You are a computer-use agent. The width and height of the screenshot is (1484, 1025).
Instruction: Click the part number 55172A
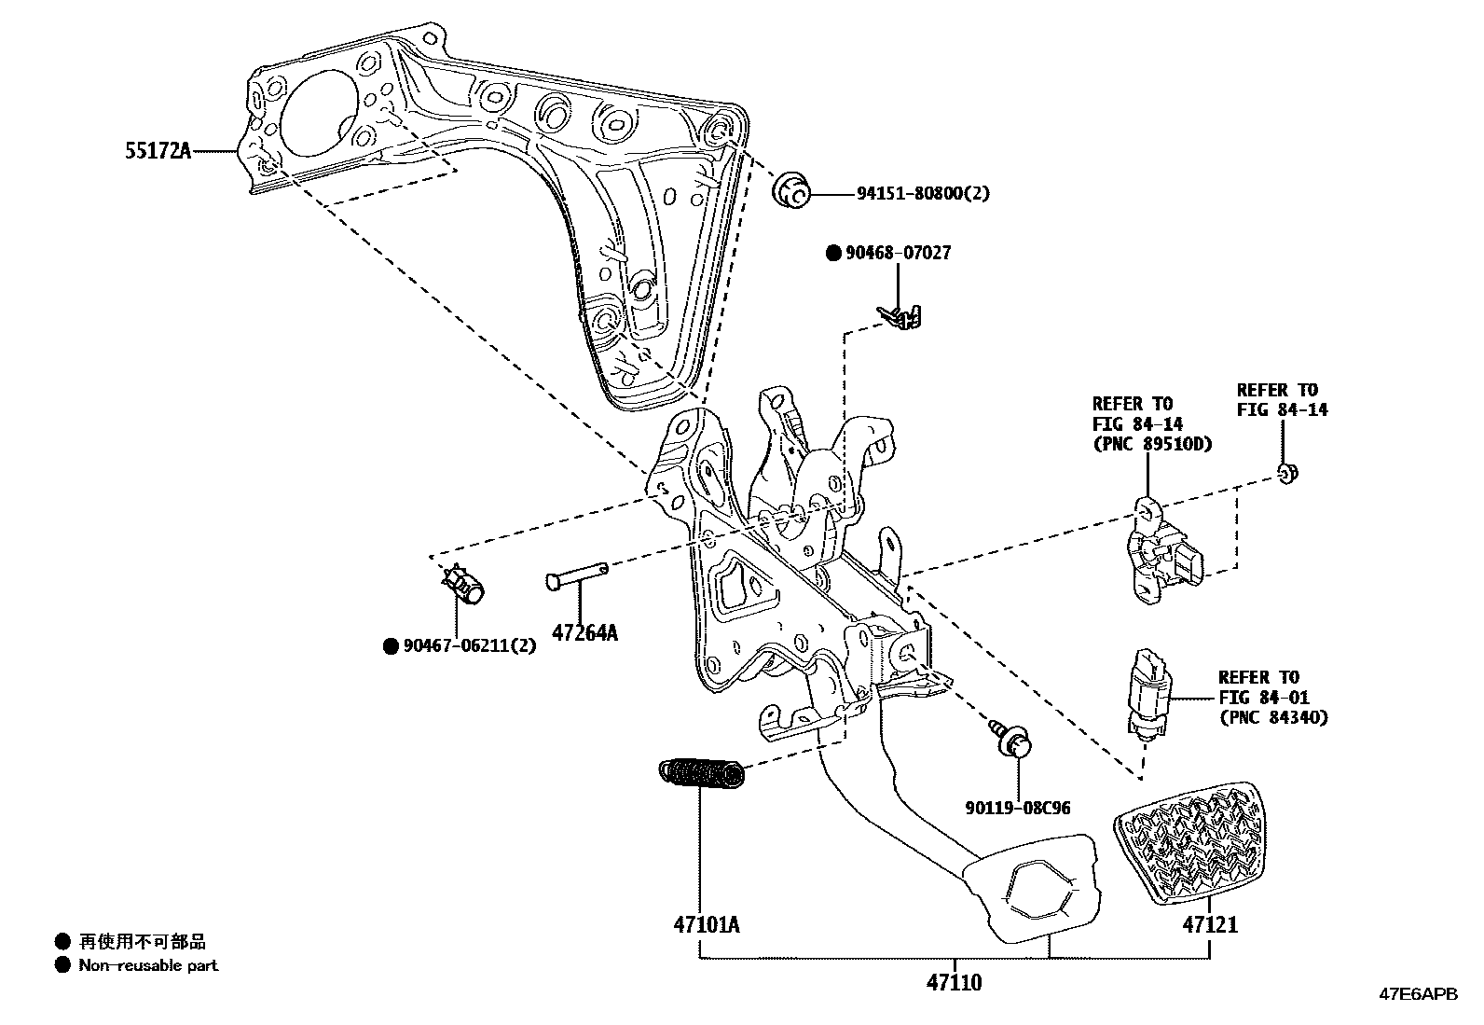[x=158, y=150]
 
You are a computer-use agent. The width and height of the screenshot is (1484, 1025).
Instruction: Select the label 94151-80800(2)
[x=923, y=194]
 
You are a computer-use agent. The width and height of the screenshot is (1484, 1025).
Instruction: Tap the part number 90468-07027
[x=898, y=253]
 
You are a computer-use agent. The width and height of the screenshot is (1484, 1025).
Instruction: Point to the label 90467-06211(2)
[x=469, y=645]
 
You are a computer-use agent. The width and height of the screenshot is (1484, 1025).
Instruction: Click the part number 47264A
[x=584, y=633]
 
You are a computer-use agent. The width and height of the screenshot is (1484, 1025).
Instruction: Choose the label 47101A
[x=707, y=925]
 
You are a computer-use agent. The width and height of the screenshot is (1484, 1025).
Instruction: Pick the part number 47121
[x=1210, y=925]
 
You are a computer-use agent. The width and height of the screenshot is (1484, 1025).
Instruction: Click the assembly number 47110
[x=954, y=982]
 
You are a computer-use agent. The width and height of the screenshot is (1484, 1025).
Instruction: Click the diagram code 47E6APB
[x=1418, y=995]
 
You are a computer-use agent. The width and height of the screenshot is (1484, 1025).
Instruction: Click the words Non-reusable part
[x=148, y=965]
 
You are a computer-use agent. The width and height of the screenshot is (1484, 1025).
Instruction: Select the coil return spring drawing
[x=702, y=772]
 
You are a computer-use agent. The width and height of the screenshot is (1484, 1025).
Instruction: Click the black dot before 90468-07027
[x=832, y=253]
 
